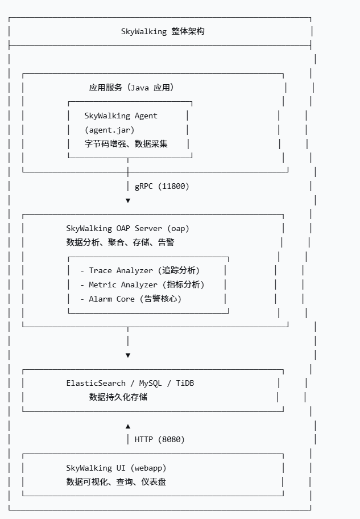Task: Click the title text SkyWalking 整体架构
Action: pos(163,31)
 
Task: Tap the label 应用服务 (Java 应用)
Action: pos(131,88)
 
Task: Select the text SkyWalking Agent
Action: pos(121,116)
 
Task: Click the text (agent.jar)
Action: pos(110,130)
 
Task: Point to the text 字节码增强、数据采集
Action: pos(126,144)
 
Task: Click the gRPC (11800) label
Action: pos(162,186)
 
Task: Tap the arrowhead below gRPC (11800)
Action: pos(128,200)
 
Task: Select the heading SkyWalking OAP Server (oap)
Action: pos(128,229)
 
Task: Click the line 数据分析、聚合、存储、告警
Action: pos(120,242)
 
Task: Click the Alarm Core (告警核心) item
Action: pos(135,299)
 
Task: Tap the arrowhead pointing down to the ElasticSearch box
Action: pos(128,355)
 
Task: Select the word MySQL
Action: pos(151,384)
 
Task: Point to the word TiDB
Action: pos(185,384)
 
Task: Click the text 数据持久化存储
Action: pos(118,397)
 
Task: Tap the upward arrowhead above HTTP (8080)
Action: pos(128,426)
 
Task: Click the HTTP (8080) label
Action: pos(160,439)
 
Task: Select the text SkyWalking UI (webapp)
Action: pos(116,468)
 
